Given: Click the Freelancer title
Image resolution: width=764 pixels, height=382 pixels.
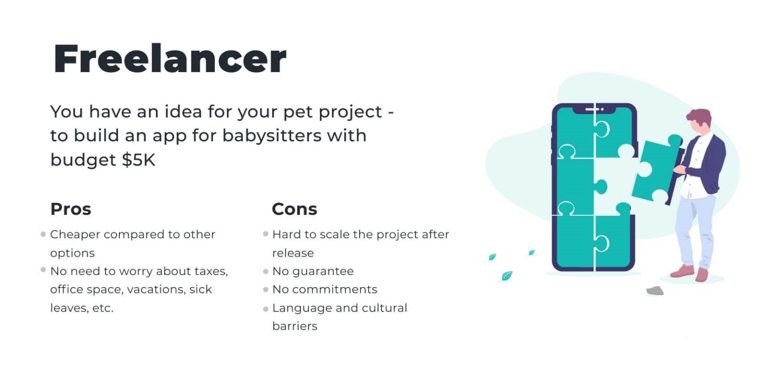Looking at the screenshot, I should point(170,59).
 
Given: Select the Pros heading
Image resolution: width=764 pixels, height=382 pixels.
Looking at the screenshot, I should point(71,209).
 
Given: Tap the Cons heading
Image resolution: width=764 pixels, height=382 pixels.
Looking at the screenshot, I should point(294,209).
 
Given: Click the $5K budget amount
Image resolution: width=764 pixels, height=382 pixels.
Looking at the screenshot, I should point(139,160).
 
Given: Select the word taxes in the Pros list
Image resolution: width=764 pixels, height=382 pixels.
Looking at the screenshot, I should point(211,271).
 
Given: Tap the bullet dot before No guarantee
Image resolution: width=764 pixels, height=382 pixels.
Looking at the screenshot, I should point(266,272).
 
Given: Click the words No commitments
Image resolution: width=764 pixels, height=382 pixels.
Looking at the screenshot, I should point(324,289).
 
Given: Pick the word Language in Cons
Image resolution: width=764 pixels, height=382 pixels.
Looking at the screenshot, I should point(302,308).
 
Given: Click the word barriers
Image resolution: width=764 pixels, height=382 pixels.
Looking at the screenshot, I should point(294,326).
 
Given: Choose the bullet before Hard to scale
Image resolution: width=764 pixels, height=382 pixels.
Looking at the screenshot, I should point(266,234).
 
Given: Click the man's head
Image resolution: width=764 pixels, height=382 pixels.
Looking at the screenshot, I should point(699,121).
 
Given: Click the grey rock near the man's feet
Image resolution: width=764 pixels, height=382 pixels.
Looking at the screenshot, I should point(655,290).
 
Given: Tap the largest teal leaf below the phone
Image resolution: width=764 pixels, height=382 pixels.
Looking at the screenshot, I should point(507,276).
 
